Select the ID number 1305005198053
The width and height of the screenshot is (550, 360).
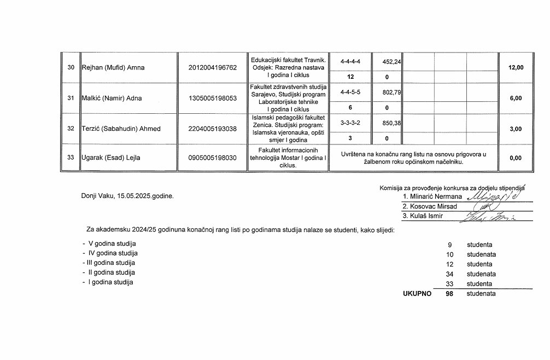coord(212,98)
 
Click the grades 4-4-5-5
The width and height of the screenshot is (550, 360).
coord(350,93)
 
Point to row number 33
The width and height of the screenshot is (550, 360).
coord(71,158)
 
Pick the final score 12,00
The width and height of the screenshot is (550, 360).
coord(516,68)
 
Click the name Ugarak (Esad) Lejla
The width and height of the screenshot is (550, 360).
coord(111,158)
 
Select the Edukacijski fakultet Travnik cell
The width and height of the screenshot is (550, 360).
coord(288,67)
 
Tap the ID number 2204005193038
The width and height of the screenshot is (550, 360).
coord(212,129)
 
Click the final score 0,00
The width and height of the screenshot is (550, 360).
coord(516,158)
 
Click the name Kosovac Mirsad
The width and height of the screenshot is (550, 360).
coord(430,206)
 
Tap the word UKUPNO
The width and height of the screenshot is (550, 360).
coord(417,294)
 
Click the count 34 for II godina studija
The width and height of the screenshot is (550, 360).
coord(450,274)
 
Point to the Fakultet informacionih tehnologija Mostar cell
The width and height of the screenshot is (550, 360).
coord(288,158)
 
